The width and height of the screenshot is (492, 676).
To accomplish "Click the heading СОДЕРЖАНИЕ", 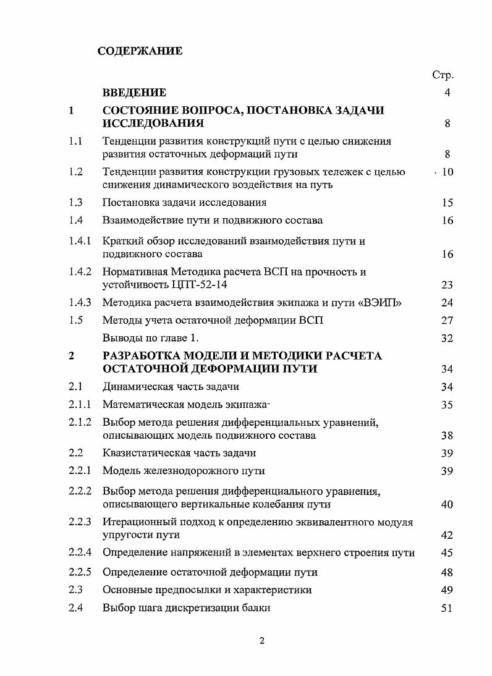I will [x=140, y=51].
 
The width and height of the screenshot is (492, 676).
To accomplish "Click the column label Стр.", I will [x=443, y=75].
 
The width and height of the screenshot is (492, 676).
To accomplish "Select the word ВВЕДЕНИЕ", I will [x=134, y=93].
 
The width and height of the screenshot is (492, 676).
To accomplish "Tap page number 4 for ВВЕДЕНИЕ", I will [x=447, y=93].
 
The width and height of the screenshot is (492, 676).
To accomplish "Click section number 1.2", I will [x=76, y=172].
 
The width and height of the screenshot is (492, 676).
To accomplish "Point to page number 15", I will [x=447, y=203].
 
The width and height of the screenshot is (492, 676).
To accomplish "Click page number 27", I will [x=447, y=321].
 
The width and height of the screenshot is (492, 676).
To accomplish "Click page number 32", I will [x=447, y=339].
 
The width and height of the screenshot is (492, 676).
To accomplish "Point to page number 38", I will [x=447, y=436].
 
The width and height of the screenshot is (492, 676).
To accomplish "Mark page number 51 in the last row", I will [x=447, y=608].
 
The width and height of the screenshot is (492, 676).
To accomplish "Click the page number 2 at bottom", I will [x=261, y=640].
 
